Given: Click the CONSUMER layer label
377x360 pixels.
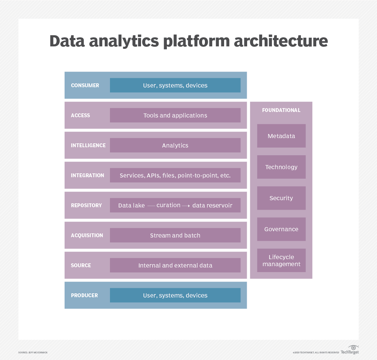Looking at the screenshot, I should pyautogui.click(x=85, y=85).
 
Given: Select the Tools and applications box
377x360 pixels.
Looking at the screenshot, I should pyautogui.click(x=175, y=115).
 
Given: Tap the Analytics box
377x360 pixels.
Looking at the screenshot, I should pyautogui.click(x=175, y=145).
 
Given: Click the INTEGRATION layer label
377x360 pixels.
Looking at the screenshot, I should pyautogui.click(x=87, y=175).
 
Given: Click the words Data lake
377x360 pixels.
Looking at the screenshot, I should pyautogui.click(x=131, y=205).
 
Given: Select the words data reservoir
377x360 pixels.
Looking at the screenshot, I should pyautogui.click(x=212, y=205).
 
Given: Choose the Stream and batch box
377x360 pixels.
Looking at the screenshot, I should pyautogui.click(x=175, y=235).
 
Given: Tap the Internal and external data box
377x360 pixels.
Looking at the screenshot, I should pyautogui.click(x=175, y=265).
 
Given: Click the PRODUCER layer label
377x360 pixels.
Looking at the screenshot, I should pyautogui.click(x=84, y=295).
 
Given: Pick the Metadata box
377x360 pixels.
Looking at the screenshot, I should pyautogui.click(x=281, y=136).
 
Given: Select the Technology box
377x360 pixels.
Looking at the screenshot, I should pyautogui.click(x=281, y=167).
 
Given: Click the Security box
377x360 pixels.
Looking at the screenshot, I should pyautogui.click(x=281, y=198).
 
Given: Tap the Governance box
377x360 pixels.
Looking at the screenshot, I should pyautogui.click(x=281, y=229).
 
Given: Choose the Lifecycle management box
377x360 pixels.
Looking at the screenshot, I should pyautogui.click(x=281, y=261).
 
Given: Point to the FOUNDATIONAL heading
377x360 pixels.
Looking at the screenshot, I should pyautogui.click(x=281, y=110).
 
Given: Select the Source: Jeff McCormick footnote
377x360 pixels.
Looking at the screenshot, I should pyautogui.click(x=33, y=353).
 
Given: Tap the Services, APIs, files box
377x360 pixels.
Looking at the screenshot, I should pyautogui.click(x=175, y=175).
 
